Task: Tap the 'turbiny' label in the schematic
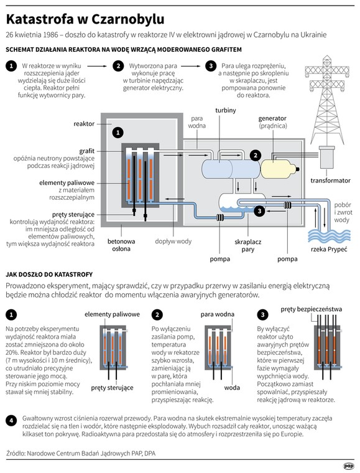226,110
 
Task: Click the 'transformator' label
331,180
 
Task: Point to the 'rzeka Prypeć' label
329,249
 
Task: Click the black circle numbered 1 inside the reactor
118,132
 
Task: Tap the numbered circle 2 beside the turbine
256,156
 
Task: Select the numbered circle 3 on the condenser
259,211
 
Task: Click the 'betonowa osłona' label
121,245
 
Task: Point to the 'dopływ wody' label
173,241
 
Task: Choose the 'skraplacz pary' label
248,246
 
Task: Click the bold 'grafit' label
87,151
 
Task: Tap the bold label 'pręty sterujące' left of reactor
73,215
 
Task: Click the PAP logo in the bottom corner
349,466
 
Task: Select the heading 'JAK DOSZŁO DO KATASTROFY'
49,274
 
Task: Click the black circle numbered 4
11,420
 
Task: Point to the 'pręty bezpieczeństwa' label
312,309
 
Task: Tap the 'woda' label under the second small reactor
232,388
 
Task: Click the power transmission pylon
327,100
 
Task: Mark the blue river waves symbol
329,236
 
